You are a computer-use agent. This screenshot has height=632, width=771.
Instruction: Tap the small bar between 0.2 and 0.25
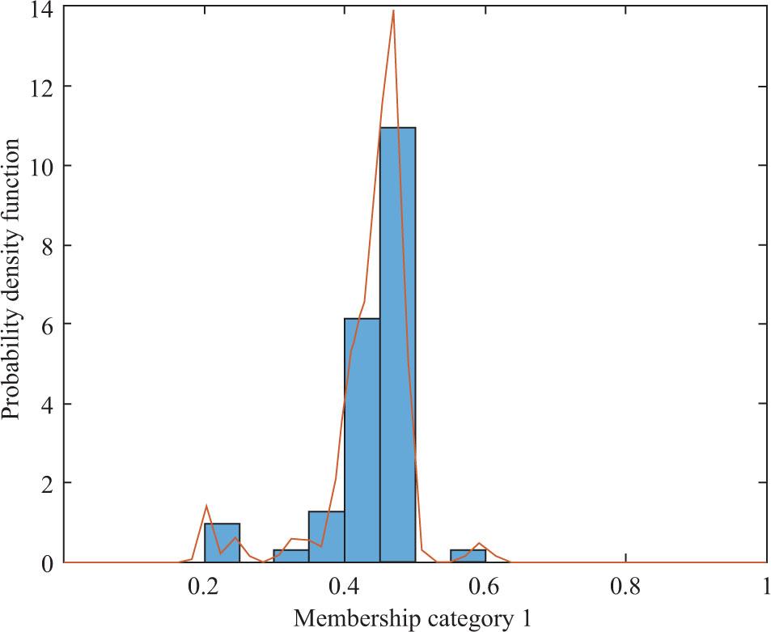click(x=222, y=543)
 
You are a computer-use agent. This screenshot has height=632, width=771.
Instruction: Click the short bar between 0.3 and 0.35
click(x=291, y=556)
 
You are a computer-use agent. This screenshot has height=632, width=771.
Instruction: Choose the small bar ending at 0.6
click(x=468, y=556)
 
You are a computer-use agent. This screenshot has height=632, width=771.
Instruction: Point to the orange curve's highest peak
click(x=393, y=11)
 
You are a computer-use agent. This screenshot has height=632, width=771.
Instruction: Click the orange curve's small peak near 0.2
click(x=206, y=506)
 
